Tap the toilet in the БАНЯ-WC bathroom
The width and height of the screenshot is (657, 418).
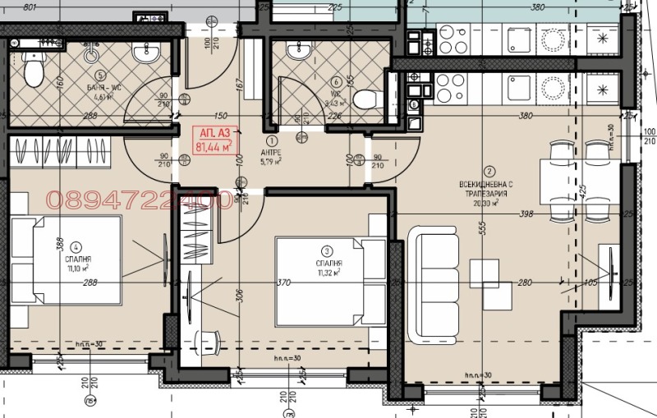coord(33,71)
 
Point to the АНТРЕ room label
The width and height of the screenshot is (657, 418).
coord(270,152)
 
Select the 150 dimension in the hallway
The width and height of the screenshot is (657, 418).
coord(220,117)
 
